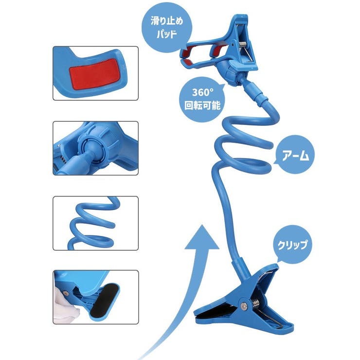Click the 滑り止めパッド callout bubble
(x=167, y=28)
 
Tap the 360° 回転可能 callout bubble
(x=202, y=99)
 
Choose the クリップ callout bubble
(x=292, y=245)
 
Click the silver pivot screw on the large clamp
(x=244, y=306)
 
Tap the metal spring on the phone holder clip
(x=243, y=44)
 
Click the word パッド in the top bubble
(x=167, y=35)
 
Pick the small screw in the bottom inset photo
(x=66, y=293)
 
